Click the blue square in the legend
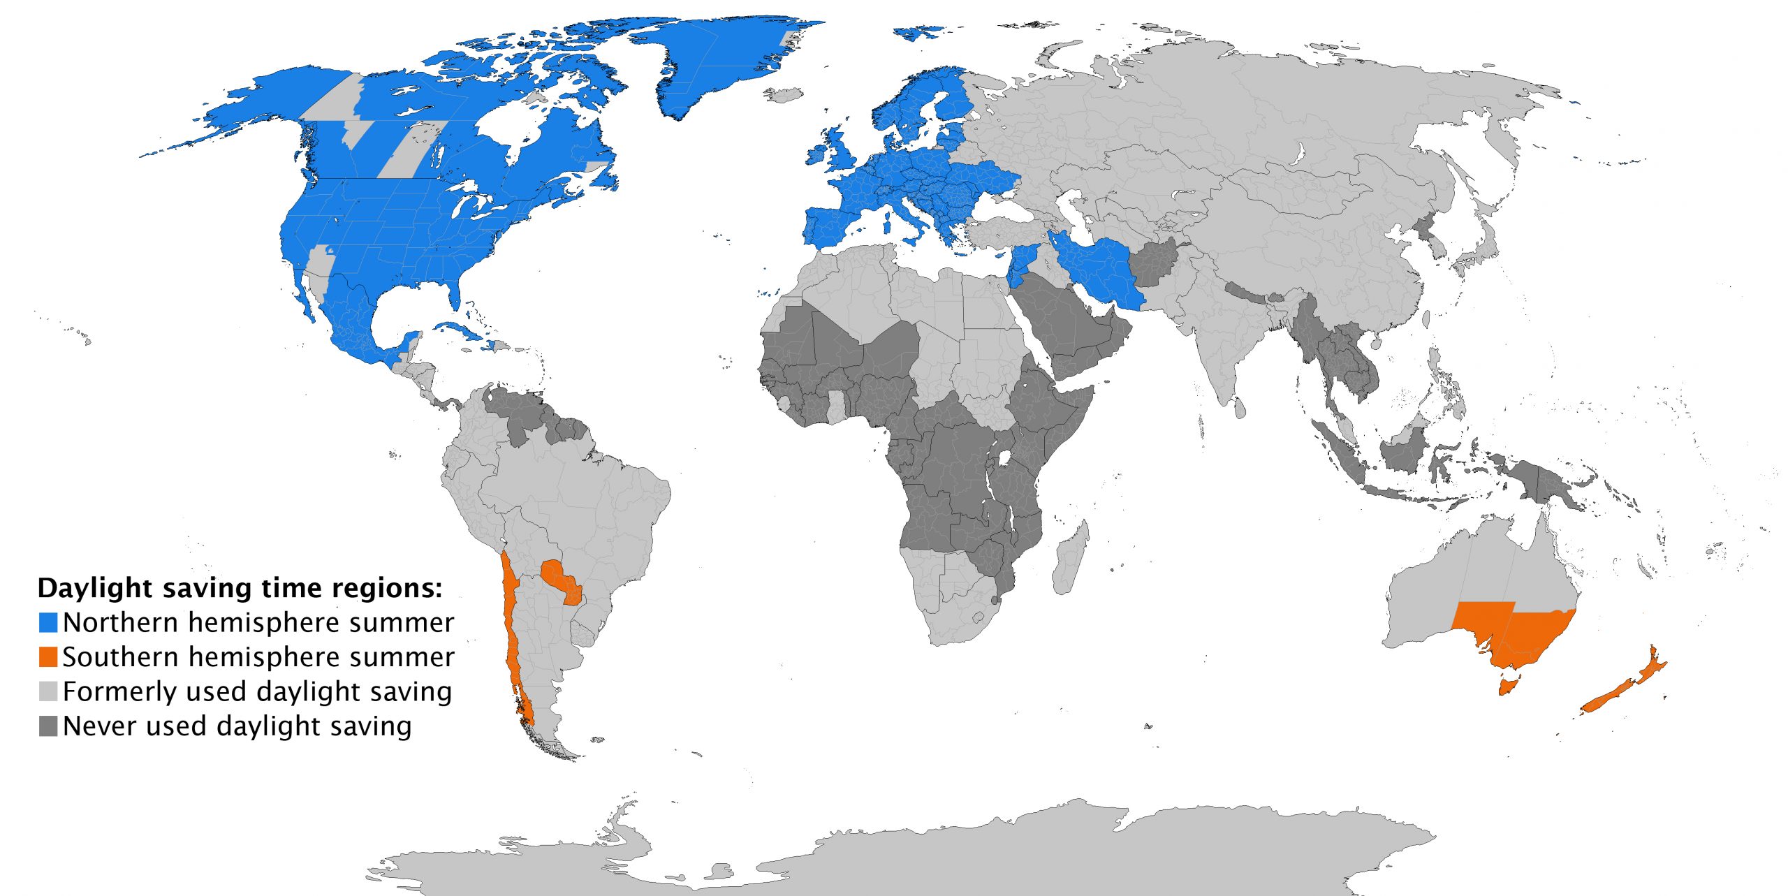point(48,622)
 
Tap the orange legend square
point(48,657)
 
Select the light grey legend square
point(48,691)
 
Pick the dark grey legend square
point(48,726)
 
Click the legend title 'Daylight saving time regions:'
point(240,588)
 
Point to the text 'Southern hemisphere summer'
point(258,657)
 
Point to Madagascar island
point(1070,559)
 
